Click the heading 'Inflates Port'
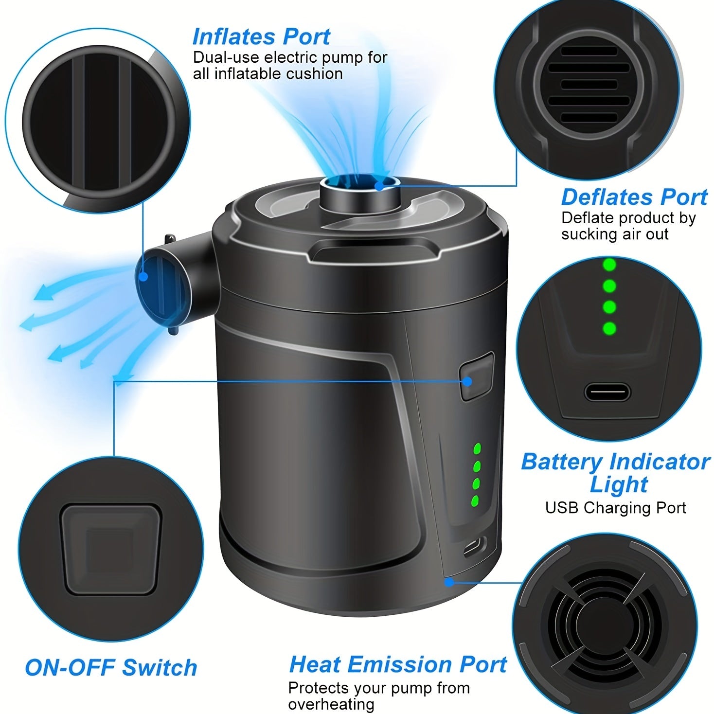(x=261, y=36)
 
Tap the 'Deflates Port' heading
(x=634, y=197)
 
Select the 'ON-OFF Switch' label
(x=111, y=667)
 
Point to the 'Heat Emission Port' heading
(x=397, y=664)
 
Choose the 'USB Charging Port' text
(x=615, y=508)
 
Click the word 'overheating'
(x=331, y=704)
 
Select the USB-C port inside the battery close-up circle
(x=607, y=392)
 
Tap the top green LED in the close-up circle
(x=609, y=265)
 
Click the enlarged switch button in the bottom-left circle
(x=110, y=549)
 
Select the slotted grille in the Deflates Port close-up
(x=589, y=84)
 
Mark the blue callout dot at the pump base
(x=449, y=581)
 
